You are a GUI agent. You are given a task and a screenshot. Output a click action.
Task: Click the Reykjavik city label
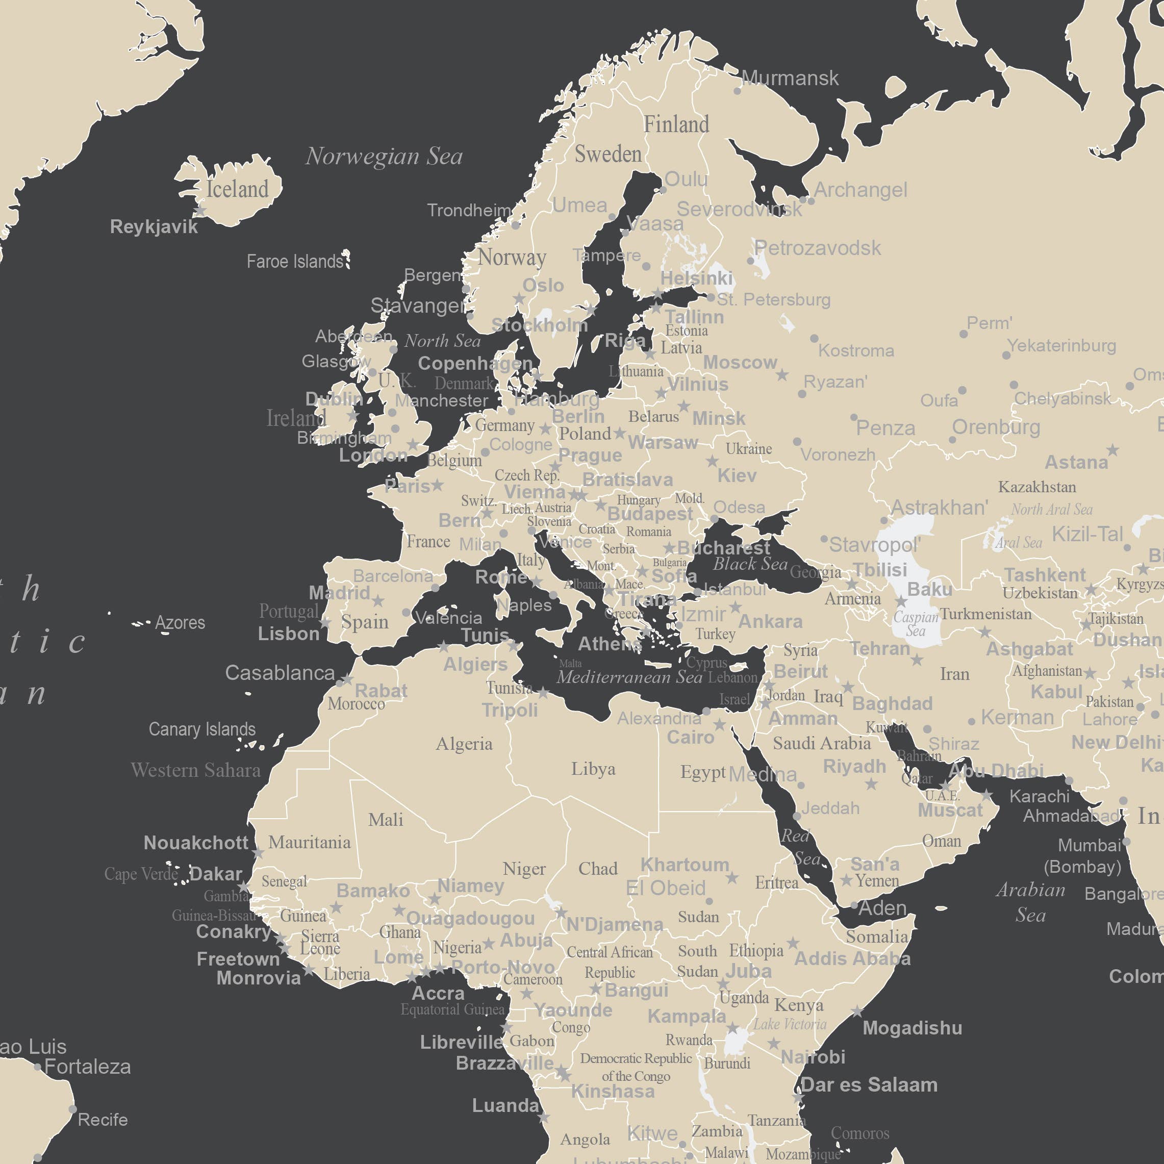[154, 226]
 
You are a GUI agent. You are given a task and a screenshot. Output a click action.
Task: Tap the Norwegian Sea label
[384, 156]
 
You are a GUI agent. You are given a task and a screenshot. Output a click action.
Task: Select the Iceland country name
[237, 189]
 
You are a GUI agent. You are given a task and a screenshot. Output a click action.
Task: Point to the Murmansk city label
[789, 78]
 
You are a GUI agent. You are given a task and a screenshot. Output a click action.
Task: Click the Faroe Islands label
[295, 262]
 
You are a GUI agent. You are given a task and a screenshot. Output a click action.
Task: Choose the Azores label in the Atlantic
[180, 622]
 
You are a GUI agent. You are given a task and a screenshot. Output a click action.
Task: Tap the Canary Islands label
[202, 729]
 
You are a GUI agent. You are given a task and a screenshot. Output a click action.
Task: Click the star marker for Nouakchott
[259, 853]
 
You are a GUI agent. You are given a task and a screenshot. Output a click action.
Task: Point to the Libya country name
[593, 769]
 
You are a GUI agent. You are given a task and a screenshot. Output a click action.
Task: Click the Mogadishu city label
[912, 1028]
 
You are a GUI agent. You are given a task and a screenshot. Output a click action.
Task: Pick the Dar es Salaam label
[869, 1084]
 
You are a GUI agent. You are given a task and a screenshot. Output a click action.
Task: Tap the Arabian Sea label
[1030, 902]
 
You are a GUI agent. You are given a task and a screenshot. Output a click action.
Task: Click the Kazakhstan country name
[1037, 487]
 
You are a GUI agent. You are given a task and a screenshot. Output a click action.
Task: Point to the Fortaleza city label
[87, 1067]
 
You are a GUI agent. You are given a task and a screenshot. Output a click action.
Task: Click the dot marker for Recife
[73, 1109]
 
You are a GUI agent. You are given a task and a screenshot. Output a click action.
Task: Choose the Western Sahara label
[196, 770]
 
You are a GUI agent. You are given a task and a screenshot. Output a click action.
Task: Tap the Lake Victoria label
[789, 1024]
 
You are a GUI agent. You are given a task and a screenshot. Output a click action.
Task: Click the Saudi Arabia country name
[821, 744]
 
